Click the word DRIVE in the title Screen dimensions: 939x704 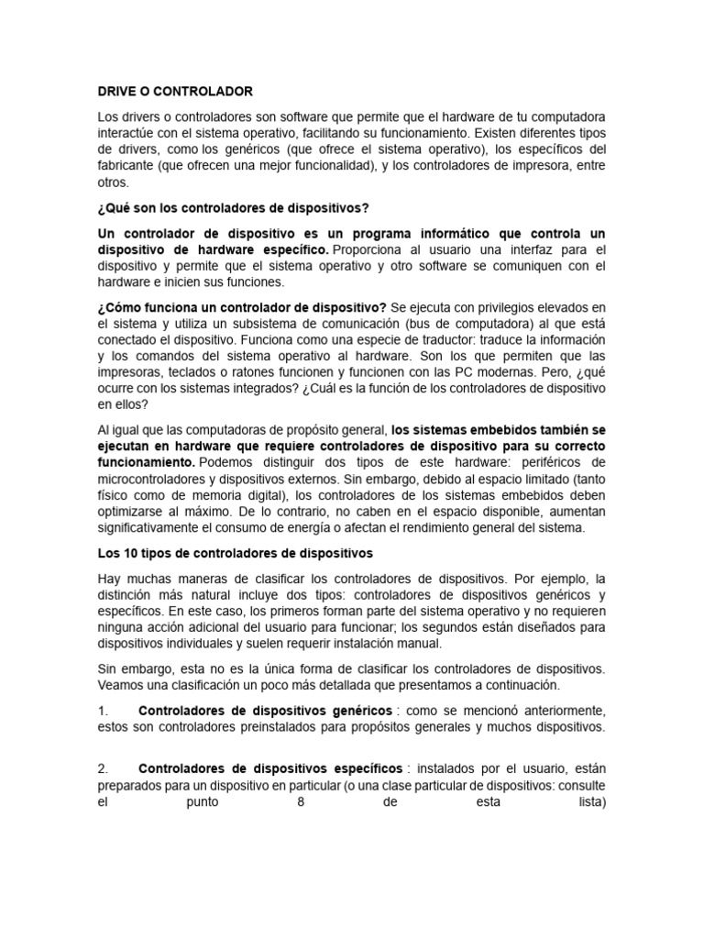[x=116, y=92]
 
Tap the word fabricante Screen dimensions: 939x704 [x=128, y=165]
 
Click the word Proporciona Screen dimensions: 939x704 [x=371, y=249]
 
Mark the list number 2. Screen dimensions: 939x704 [x=102, y=768]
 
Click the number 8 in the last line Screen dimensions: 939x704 [x=301, y=800]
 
